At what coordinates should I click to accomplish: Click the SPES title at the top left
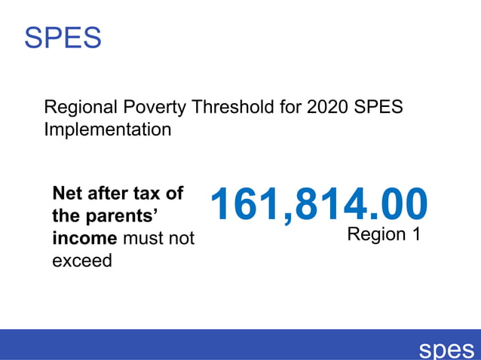tap(63, 37)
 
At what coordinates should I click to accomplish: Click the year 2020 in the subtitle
tap(328, 107)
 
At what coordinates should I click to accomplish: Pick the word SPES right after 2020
tap(379, 107)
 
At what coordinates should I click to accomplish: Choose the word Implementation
tap(108, 130)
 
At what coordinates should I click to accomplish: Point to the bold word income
tap(84, 238)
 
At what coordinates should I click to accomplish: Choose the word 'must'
tap(144, 238)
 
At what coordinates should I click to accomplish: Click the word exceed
tap(81, 261)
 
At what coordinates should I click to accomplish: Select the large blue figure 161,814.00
tap(319, 204)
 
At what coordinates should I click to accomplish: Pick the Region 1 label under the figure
tap(383, 234)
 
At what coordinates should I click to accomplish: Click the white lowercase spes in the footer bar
tap(446, 349)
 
